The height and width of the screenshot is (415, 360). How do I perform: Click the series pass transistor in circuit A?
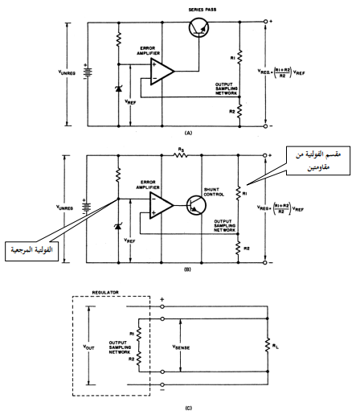pos(198,27)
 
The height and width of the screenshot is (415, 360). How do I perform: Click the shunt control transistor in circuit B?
pos(196,205)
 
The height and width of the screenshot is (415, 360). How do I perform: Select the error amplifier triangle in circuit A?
pos(162,71)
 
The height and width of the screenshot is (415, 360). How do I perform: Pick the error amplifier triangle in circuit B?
pos(162,205)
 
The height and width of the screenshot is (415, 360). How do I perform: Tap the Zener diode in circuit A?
pos(118,88)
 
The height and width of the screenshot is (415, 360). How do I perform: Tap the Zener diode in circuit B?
pos(118,226)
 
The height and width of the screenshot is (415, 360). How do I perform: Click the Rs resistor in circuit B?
pos(180,155)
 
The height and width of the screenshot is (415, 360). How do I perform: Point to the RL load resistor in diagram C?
pos(268,345)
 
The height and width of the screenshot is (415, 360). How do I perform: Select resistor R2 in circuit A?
pos(239,111)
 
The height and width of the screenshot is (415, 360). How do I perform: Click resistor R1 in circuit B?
pos(238,193)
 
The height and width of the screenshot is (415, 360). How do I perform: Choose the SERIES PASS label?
pos(202,10)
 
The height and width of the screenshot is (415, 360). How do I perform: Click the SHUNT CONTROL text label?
pos(214,192)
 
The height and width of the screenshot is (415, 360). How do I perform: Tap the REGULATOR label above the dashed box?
pos(105,292)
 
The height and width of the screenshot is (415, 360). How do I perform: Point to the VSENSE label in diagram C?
pos(181,347)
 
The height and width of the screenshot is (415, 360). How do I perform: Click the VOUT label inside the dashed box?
pos(88,347)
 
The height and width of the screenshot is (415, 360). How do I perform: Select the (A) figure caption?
pos(189,133)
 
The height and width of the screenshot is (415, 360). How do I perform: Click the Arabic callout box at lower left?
pos(31,251)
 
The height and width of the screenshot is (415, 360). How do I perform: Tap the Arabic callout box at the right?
pos(318,161)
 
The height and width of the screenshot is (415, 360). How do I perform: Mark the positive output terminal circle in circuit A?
pos(265,22)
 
